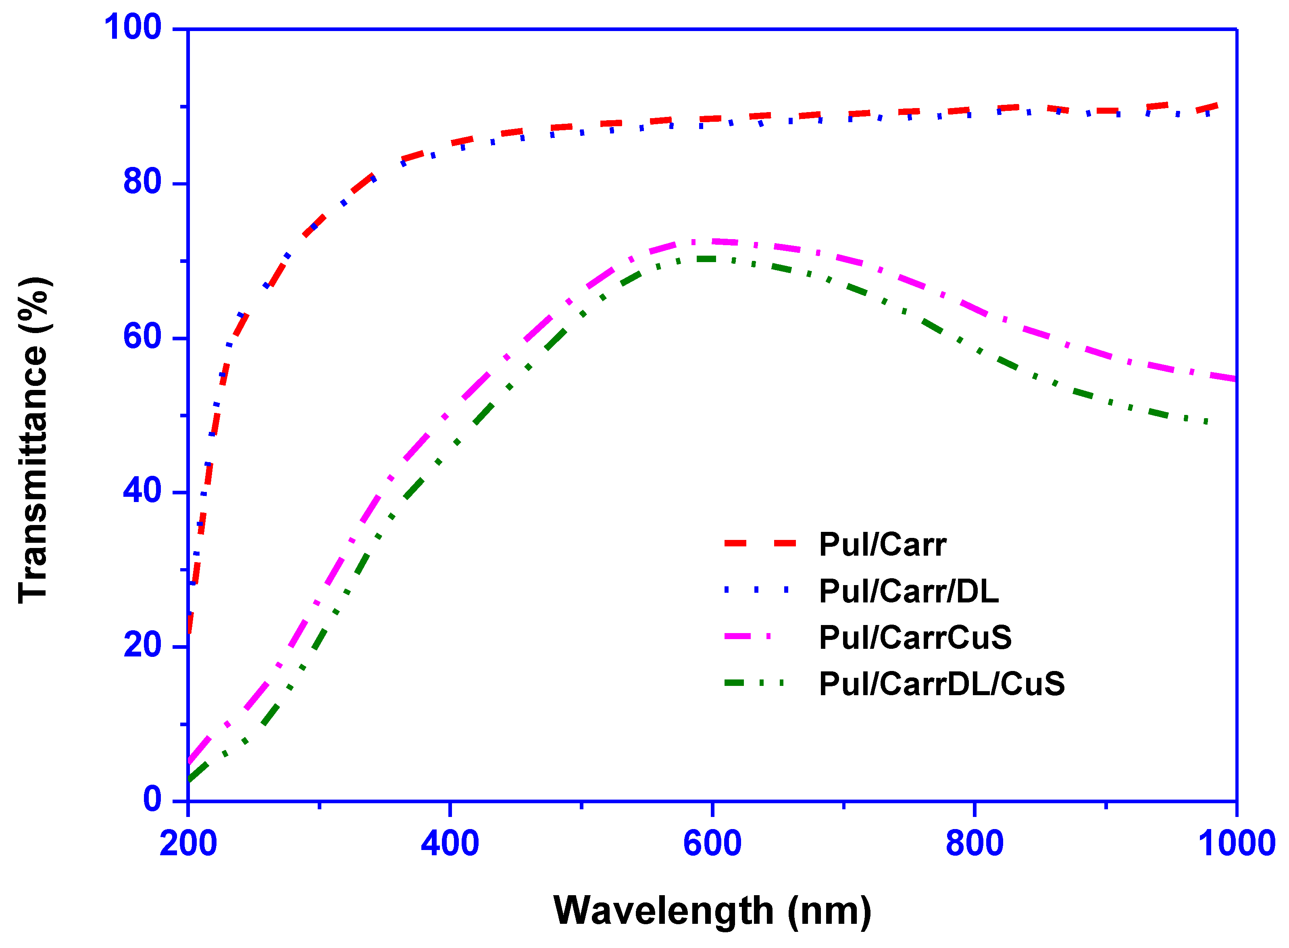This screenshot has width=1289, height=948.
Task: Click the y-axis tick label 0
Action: click(152, 799)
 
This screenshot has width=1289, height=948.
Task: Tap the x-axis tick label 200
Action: click(188, 844)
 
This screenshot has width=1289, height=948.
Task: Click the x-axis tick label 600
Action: click(712, 844)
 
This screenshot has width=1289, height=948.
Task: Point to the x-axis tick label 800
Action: click(974, 844)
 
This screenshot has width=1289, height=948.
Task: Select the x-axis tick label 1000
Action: click(1236, 844)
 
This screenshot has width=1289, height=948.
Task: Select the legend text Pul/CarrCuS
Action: click(915, 638)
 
